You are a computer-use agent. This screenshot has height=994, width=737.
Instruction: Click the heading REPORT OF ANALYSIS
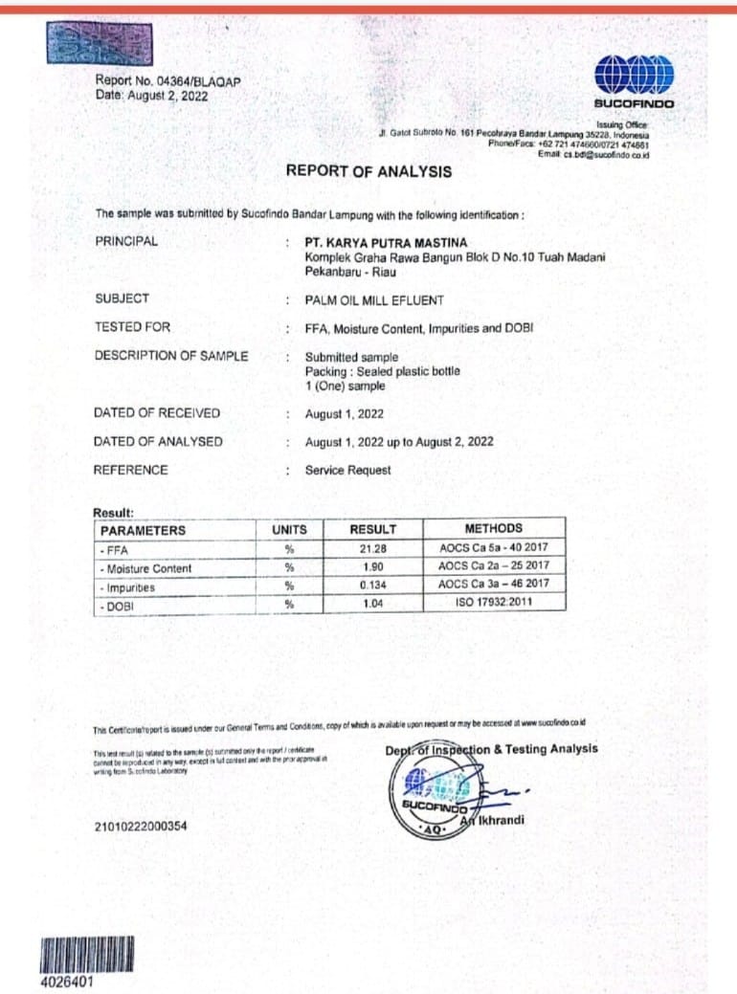click(368, 171)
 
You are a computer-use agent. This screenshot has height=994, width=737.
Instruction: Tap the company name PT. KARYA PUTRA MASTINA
click(386, 243)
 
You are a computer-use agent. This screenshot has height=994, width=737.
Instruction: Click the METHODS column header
click(493, 528)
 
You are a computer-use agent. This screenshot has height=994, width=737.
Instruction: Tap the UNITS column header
click(289, 529)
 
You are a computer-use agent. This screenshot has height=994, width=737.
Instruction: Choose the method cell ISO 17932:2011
click(494, 603)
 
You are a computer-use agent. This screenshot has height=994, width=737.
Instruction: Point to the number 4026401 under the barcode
click(67, 983)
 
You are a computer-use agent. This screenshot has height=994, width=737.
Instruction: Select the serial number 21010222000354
click(142, 827)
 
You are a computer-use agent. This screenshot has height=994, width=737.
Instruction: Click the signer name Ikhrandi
click(500, 820)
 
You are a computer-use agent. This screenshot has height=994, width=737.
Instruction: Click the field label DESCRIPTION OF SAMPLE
click(170, 356)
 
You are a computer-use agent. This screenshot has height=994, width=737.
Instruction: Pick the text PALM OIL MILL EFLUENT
click(374, 300)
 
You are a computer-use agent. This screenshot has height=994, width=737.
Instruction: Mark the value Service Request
click(347, 470)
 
